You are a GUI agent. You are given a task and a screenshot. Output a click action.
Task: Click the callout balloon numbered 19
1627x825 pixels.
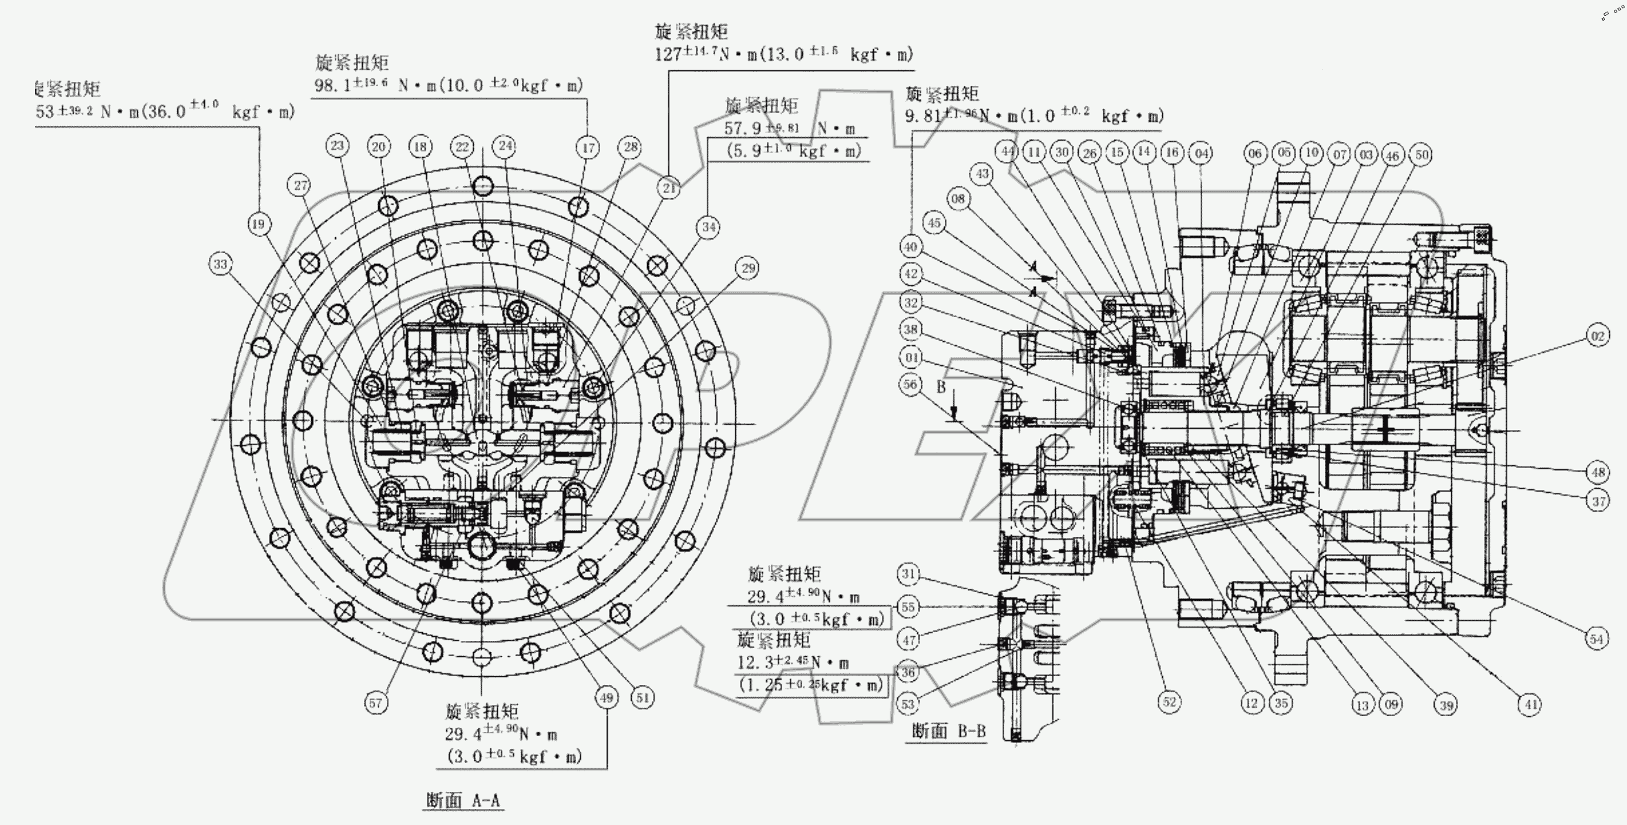pos(259,224)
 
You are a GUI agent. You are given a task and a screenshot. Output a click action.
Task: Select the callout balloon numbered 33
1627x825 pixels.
pos(221,264)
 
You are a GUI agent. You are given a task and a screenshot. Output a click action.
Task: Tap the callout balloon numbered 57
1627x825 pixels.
pos(376,703)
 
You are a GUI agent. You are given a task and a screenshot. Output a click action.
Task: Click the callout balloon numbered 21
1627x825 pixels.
pos(669,187)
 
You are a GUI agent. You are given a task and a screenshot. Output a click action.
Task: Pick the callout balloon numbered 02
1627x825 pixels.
pos(1597,336)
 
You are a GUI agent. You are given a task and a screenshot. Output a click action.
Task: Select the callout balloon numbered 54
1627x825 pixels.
pos(1596,639)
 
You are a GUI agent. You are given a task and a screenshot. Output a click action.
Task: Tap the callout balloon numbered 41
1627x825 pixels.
pos(1530,704)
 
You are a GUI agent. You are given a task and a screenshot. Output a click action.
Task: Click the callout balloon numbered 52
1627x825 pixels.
pos(1169,702)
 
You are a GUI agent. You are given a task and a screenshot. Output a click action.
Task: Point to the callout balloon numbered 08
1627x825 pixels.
pos(958,199)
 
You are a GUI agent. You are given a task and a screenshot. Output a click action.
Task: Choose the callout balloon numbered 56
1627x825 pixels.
pos(910,384)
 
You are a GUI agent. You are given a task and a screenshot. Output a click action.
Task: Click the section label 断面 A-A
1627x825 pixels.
pos(463,800)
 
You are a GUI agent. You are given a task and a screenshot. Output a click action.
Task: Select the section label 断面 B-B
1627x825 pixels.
pos(949,731)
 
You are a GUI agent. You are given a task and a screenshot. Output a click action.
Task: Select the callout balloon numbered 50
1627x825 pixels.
pos(1422,154)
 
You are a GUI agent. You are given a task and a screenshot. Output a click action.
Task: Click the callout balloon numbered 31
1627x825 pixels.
pos(909,574)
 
